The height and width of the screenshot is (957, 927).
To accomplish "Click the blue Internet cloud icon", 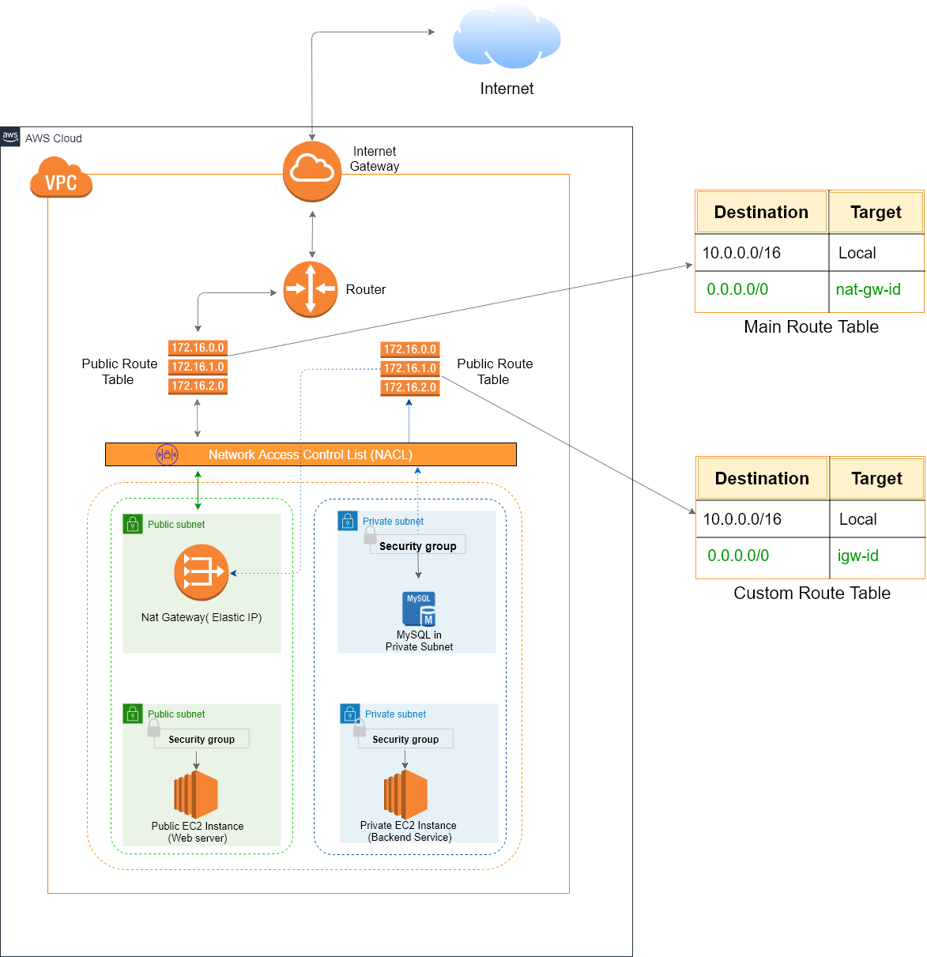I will point(507,37).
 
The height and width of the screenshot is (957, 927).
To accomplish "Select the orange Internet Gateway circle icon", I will point(312,171).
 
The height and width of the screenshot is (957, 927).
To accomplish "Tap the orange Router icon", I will point(311,289).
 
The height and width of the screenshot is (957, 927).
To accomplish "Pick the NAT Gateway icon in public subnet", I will point(202,573).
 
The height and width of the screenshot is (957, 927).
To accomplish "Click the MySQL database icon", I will point(419,609).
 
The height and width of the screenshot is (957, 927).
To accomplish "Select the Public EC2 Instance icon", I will point(196,794).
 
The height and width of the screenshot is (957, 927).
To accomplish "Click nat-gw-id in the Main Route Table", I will point(868,289).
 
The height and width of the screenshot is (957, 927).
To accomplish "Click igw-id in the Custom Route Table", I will point(857,556).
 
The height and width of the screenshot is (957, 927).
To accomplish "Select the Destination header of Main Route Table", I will point(761,212).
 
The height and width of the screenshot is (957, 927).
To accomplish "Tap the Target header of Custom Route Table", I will point(876,478).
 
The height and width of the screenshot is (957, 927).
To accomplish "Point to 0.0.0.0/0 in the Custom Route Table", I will point(738,556).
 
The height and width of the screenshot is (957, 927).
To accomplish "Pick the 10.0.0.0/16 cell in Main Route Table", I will point(741,253).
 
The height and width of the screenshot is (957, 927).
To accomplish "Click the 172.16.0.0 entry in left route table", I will point(198,348).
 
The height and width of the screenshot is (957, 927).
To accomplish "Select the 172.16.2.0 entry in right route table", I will point(409,387).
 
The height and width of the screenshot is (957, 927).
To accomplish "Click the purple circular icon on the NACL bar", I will point(167,454).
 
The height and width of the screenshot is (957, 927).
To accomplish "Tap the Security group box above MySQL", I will point(417,545).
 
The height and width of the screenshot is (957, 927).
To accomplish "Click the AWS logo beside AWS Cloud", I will point(10,137).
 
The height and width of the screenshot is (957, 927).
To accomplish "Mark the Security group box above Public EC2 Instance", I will point(202,739).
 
